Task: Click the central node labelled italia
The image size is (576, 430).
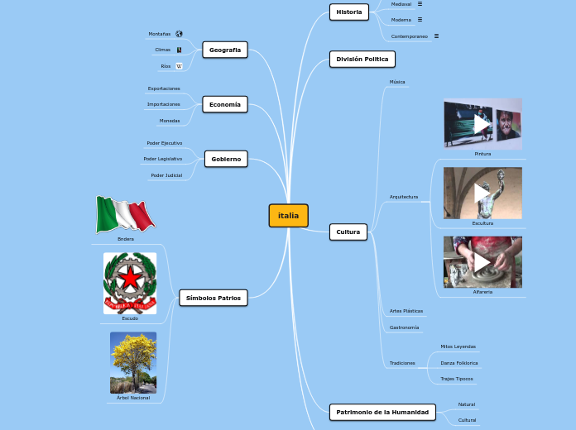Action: tap(288, 216)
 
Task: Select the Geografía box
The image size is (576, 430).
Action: tap(225, 50)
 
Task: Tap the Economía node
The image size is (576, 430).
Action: tap(225, 105)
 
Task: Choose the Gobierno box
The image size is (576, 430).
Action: tap(226, 159)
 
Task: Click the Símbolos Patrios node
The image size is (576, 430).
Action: tap(214, 298)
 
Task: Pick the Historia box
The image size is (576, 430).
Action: tap(349, 12)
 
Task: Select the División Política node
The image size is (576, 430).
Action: tap(362, 60)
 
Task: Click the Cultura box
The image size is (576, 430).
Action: tap(348, 232)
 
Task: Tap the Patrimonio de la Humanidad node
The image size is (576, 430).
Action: tap(382, 412)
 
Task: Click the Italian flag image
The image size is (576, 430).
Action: tap(125, 215)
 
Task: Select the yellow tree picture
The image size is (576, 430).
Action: tap(133, 362)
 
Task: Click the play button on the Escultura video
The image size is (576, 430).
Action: tap(482, 193)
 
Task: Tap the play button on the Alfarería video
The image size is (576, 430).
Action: tap(482, 262)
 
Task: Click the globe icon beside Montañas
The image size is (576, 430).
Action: tap(179, 34)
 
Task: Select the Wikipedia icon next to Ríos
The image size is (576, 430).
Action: tap(179, 66)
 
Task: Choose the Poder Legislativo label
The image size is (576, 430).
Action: tap(163, 159)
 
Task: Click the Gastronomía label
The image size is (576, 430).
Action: tap(404, 327)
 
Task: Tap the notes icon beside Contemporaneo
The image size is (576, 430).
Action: tap(436, 36)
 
